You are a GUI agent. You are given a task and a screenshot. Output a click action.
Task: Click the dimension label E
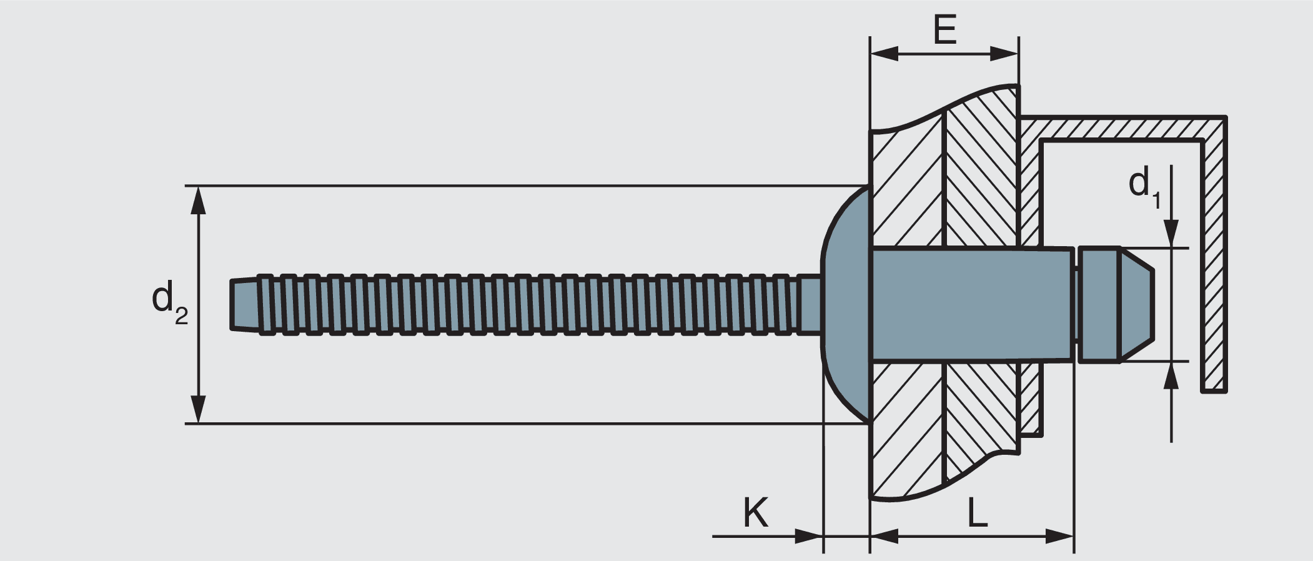(x=944, y=29)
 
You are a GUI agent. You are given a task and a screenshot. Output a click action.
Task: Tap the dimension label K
(x=755, y=513)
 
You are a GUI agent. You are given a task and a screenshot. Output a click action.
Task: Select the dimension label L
(x=977, y=513)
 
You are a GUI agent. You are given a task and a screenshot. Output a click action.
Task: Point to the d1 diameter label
(x=1144, y=187)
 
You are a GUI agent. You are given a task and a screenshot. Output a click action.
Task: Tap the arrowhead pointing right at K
(x=808, y=535)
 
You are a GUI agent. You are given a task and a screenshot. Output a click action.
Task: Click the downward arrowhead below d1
(x=1171, y=234)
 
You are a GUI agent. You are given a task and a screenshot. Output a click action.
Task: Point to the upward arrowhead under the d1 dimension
(x=1171, y=375)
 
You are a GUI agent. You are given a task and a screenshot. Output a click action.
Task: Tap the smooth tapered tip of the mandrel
(x=244, y=304)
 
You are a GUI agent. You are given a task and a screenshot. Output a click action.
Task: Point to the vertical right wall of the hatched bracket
(x=1214, y=262)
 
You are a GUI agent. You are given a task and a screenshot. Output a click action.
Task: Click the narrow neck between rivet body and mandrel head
(x=1077, y=304)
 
